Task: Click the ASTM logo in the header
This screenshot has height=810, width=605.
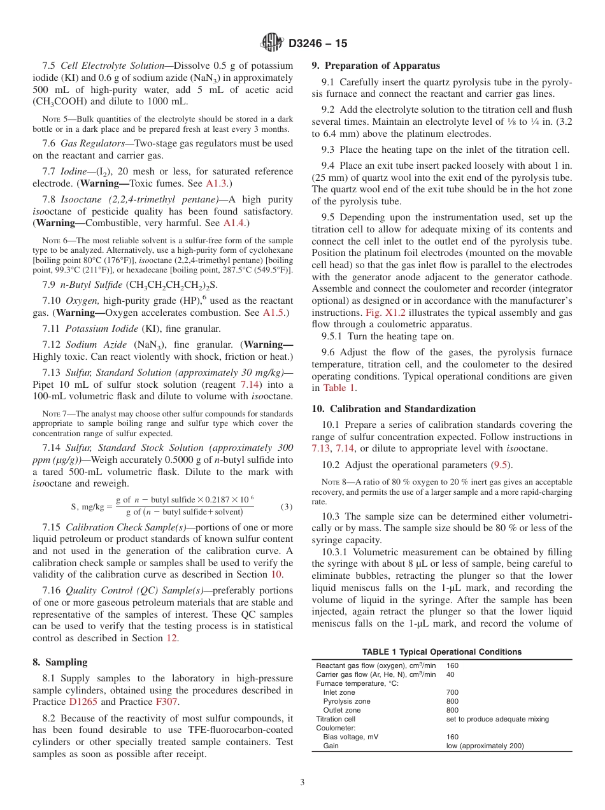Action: pos(272,43)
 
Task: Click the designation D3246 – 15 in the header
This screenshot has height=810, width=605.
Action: pos(318,44)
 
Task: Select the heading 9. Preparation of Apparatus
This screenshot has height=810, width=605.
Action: pos(375,66)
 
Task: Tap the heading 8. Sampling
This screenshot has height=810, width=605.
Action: pos(60,662)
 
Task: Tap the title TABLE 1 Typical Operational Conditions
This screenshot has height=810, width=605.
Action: pos(441,651)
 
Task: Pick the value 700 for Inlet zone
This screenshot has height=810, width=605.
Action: pos(452,692)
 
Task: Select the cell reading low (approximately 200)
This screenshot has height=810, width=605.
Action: pos(485,746)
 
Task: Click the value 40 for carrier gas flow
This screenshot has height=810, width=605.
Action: pos(450,674)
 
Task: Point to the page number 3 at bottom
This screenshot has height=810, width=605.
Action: pos(302,783)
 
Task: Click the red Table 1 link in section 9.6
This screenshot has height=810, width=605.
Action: pos(339,388)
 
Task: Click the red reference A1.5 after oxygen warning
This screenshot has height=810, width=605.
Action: pos(274,313)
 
